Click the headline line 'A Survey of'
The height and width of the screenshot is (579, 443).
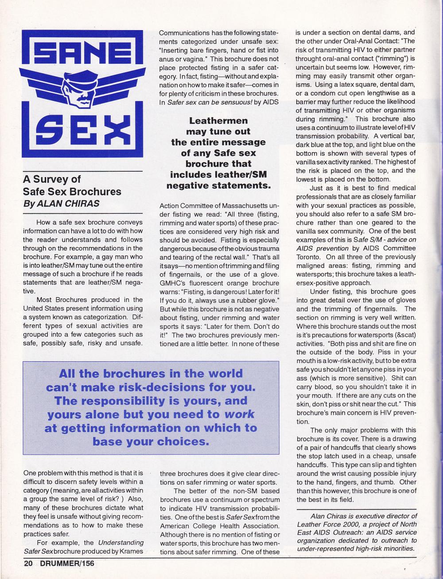tap(52, 179)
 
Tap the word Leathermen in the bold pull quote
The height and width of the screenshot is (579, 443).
tap(218, 120)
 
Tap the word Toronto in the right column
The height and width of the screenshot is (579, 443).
tap(310, 257)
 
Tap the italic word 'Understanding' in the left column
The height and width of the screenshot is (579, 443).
tap(120, 542)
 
